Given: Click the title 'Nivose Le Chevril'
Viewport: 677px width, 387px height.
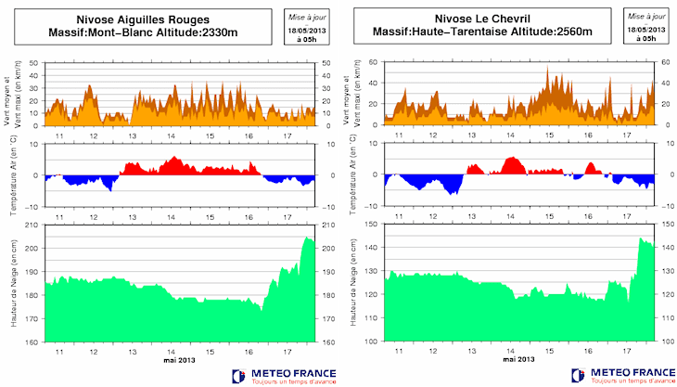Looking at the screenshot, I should [481, 19].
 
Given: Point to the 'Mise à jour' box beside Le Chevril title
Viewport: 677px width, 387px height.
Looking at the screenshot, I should [645, 26].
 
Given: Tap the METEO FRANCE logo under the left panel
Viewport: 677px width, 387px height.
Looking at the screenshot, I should [284, 375].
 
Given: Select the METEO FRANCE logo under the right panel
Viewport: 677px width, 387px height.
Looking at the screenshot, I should [624, 375].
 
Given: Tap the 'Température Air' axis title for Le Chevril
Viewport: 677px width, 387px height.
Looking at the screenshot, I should [354, 174].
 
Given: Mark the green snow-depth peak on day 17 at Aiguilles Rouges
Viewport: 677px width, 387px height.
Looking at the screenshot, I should [308, 239].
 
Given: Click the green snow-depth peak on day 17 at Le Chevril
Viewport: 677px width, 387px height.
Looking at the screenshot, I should [641, 239].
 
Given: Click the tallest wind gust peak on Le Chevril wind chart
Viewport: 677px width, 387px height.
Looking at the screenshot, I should [547, 68].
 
